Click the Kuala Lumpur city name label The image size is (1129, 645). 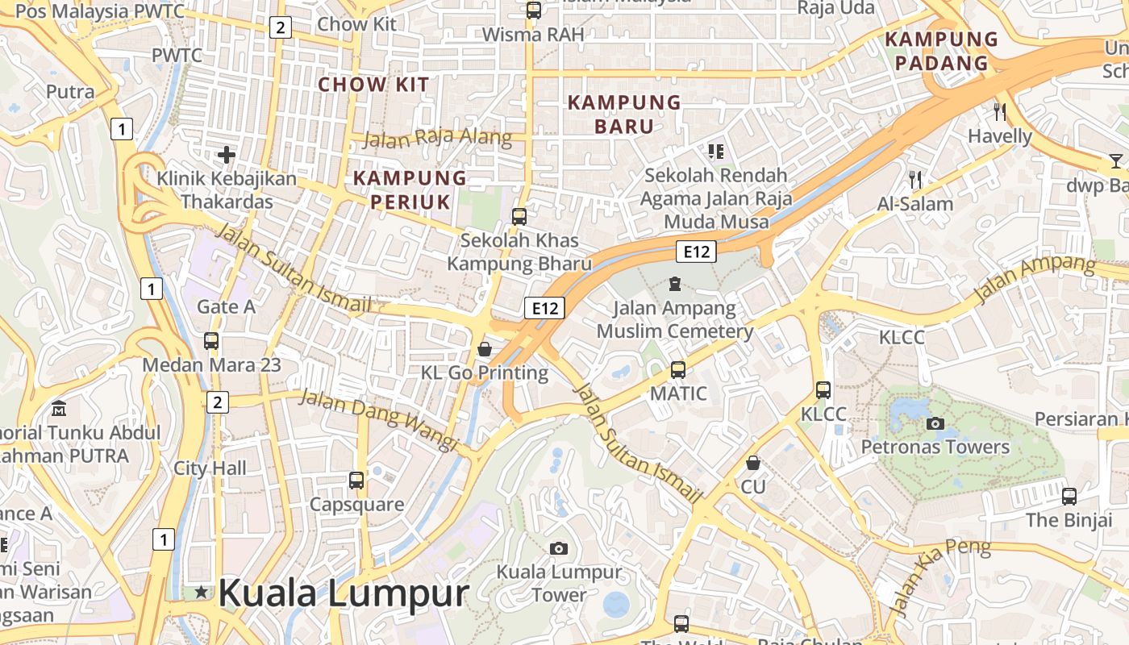click(343, 593)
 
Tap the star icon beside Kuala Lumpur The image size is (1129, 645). click(201, 593)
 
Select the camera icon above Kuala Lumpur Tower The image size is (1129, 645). click(558, 549)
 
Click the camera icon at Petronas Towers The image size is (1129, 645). click(935, 423)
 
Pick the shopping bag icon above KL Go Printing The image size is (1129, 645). click(485, 349)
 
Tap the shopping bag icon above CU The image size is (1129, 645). click(753, 463)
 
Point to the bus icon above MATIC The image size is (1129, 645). click(678, 370)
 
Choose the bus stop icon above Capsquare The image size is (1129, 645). click(356, 481)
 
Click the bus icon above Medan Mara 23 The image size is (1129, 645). click(211, 341)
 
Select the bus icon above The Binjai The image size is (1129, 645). click(1069, 497)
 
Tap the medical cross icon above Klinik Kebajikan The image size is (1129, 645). click(227, 154)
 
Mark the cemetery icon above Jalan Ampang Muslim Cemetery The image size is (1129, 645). click(675, 284)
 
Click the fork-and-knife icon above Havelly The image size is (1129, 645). click(1001, 111)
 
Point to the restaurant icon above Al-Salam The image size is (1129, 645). click(915, 179)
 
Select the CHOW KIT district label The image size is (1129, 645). click(373, 84)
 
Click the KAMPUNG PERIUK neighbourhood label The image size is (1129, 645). click(410, 189)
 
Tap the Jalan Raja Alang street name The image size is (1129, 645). click(438, 137)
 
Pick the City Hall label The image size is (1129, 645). click(210, 468)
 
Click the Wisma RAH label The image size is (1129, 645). click(533, 35)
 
